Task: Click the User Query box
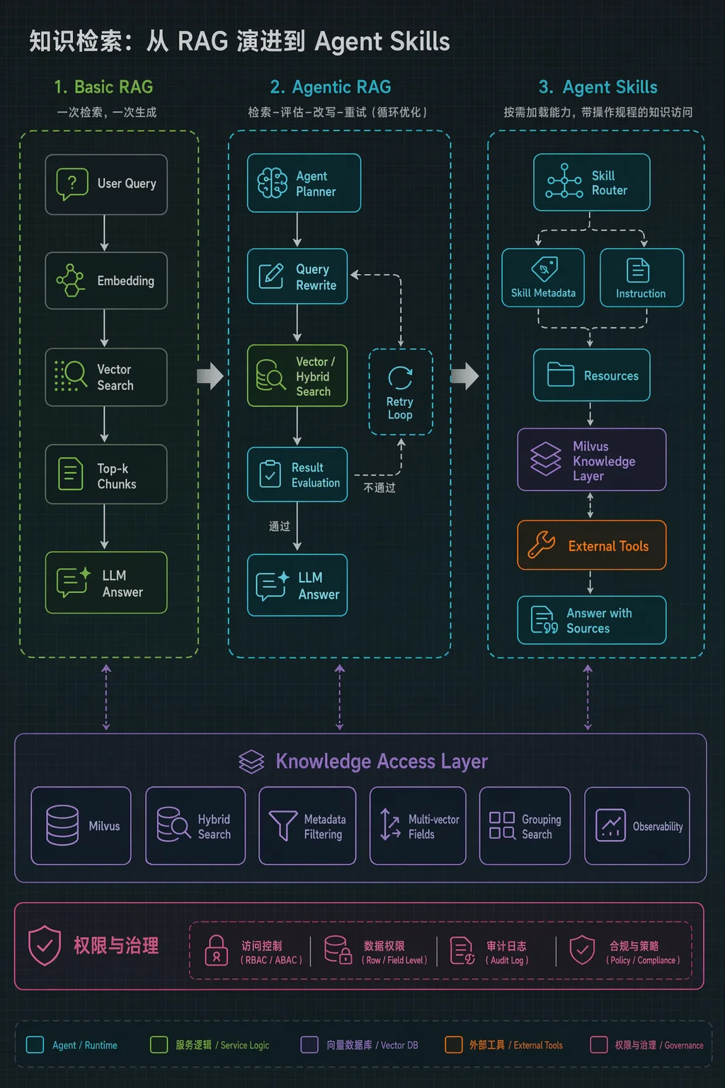click(106, 185)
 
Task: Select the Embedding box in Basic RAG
click(106, 280)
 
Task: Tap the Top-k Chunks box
click(106, 474)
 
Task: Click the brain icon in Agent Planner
click(272, 183)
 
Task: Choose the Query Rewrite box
click(297, 276)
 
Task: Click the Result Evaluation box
click(297, 474)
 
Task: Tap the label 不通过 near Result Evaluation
click(379, 487)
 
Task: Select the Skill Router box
click(591, 182)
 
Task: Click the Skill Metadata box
click(543, 278)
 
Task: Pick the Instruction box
click(642, 278)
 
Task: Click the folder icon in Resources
click(560, 375)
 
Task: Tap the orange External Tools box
click(591, 545)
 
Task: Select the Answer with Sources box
click(591, 620)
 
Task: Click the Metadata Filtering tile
click(307, 826)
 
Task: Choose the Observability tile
click(637, 826)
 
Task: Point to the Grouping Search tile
click(525, 826)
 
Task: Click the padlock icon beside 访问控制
click(217, 951)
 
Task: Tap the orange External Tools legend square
click(454, 1044)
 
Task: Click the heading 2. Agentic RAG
click(331, 87)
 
